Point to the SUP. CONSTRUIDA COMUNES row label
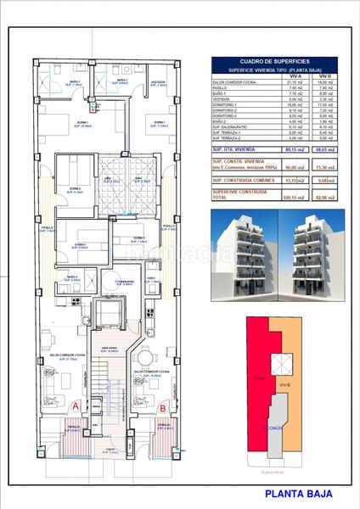point(242,180)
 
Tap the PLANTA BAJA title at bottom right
point(298,493)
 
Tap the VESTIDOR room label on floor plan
point(157,82)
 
